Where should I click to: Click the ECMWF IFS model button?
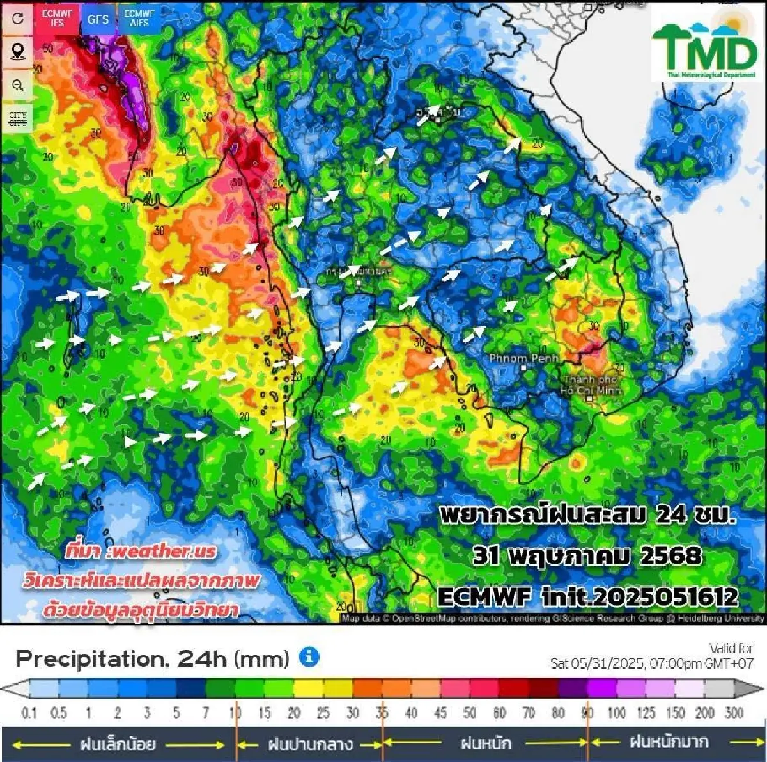[x=58, y=18]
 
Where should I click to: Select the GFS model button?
[x=98, y=19]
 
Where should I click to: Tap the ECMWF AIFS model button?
[x=139, y=18]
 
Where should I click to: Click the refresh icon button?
[x=17, y=19]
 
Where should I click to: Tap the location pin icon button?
[x=17, y=51]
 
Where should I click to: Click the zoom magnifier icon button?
[x=17, y=85]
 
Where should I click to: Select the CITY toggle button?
[x=17, y=119]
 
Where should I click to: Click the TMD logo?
[x=704, y=45]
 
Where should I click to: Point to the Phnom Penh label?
[x=523, y=359]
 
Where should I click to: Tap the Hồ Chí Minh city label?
[x=589, y=385]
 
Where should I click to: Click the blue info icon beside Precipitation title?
[x=309, y=656]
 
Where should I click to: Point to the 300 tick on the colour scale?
[x=734, y=713]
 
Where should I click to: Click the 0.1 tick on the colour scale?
[x=29, y=713]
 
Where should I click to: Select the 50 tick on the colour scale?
[x=470, y=713]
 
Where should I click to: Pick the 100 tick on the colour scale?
[x=617, y=713]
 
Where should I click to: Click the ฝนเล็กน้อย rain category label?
[x=118, y=744]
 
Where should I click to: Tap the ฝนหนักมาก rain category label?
[x=669, y=742]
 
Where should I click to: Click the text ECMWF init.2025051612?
[x=587, y=597]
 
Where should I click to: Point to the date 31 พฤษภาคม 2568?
[x=587, y=555]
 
